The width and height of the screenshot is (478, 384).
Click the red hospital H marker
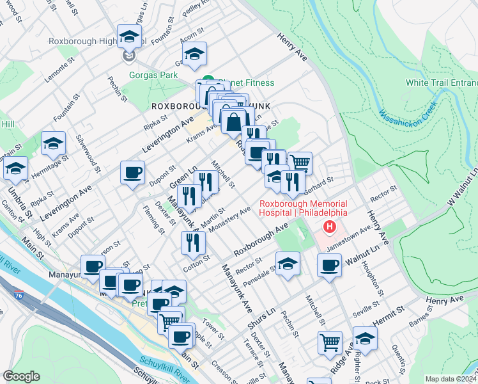330,226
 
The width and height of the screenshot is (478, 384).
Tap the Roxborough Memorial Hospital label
304,208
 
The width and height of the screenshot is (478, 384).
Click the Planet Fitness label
246,83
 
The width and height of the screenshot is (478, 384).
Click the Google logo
22,376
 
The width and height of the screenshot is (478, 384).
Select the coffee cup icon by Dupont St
132,172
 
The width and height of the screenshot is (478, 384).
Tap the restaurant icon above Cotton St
192,241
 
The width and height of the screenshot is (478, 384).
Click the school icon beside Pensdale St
288,263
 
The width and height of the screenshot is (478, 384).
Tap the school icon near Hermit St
365,337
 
